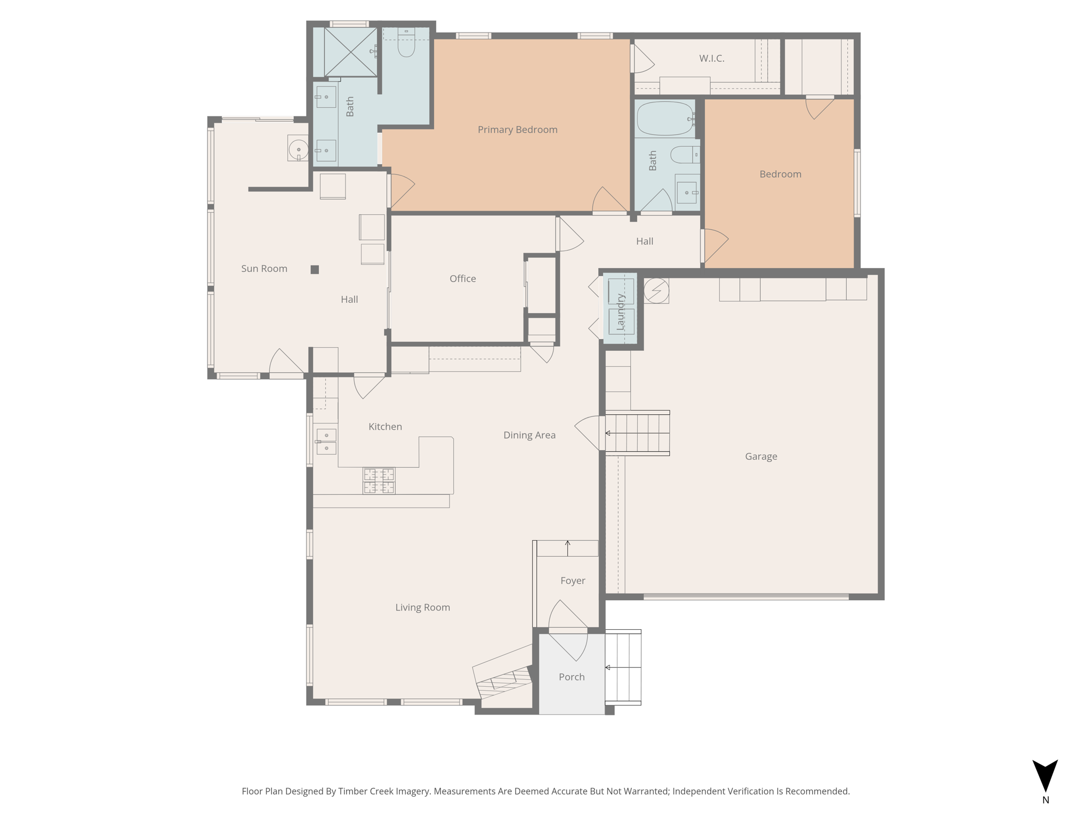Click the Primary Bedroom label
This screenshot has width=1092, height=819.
click(517, 130)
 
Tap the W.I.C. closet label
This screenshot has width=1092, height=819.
click(712, 59)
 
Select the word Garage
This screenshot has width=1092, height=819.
click(761, 456)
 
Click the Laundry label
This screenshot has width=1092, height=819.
click(620, 312)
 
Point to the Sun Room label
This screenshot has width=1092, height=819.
click(264, 269)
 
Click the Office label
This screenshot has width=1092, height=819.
click(462, 279)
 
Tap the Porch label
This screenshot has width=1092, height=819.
click(572, 677)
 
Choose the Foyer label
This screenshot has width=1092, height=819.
click(573, 581)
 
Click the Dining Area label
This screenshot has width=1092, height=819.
click(529, 435)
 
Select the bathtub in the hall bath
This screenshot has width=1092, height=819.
click(665, 118)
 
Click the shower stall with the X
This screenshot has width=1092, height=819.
click(350, 52)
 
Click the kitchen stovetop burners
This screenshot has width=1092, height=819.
click(379, 480)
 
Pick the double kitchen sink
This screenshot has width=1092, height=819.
click(326, 441)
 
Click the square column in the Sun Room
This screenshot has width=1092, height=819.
click(315, 270)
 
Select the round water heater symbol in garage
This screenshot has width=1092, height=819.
click(656, 291)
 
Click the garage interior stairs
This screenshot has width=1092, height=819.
click(637, 433)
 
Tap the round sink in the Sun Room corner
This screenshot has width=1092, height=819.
click(298, 149)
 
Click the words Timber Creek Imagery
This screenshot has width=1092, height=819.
click(384, 791)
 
